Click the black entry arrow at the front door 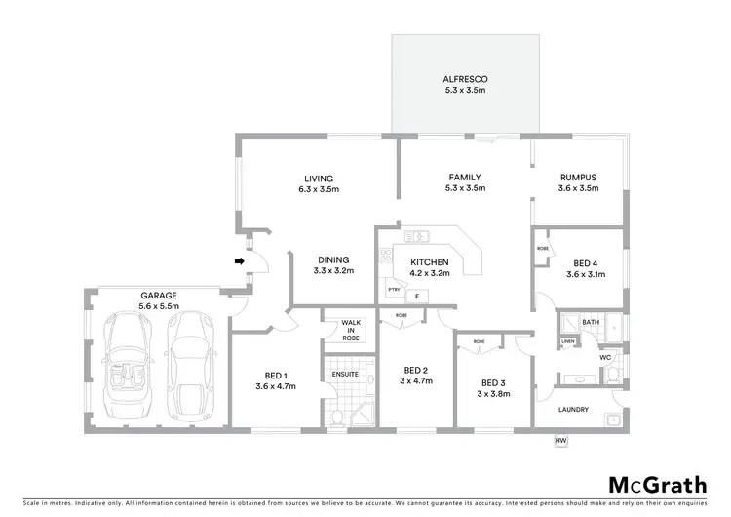click(x=238, y=260)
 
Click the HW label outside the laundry click(x=559, y=442)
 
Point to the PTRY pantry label click(x=394, y=290)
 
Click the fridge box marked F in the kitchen click(x=417, y=296)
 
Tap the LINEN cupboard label click(x=567, y=341)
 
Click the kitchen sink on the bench click(x=417, y=235)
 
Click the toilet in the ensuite click(x=336, y=417)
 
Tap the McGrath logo click(x=660, y=485)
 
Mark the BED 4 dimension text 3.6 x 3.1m click(x=586, y=274)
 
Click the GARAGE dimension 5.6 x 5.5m click(x=158, y=305)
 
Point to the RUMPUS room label click(x=578, y=177)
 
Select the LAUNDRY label click(x=572, y=409)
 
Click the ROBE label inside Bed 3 click(x=479, y=341)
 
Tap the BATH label click(x=591, y=321)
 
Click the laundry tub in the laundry click(x=614, y=420)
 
